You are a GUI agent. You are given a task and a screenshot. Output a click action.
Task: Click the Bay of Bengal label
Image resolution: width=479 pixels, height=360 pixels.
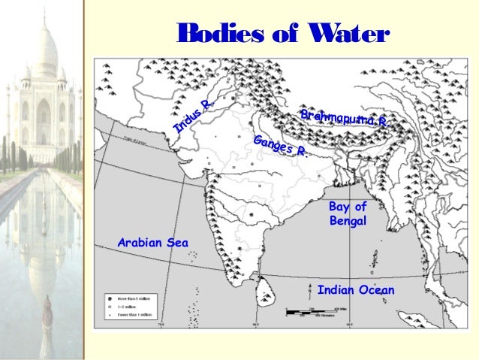point(348,213)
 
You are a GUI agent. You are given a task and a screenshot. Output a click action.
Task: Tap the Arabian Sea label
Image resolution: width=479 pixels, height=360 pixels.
point(153,241)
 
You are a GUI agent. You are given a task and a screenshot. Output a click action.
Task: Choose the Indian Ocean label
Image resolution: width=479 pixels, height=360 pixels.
point(355,290)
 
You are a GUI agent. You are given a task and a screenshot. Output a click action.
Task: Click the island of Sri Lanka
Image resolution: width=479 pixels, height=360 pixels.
point(264,286)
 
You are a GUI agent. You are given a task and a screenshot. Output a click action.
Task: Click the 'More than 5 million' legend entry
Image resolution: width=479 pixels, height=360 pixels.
point(124,298)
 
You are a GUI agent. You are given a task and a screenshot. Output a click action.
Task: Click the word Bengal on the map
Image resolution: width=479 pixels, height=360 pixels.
point(348,221)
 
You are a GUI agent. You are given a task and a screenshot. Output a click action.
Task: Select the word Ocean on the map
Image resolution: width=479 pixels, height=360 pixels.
point(375,290)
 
